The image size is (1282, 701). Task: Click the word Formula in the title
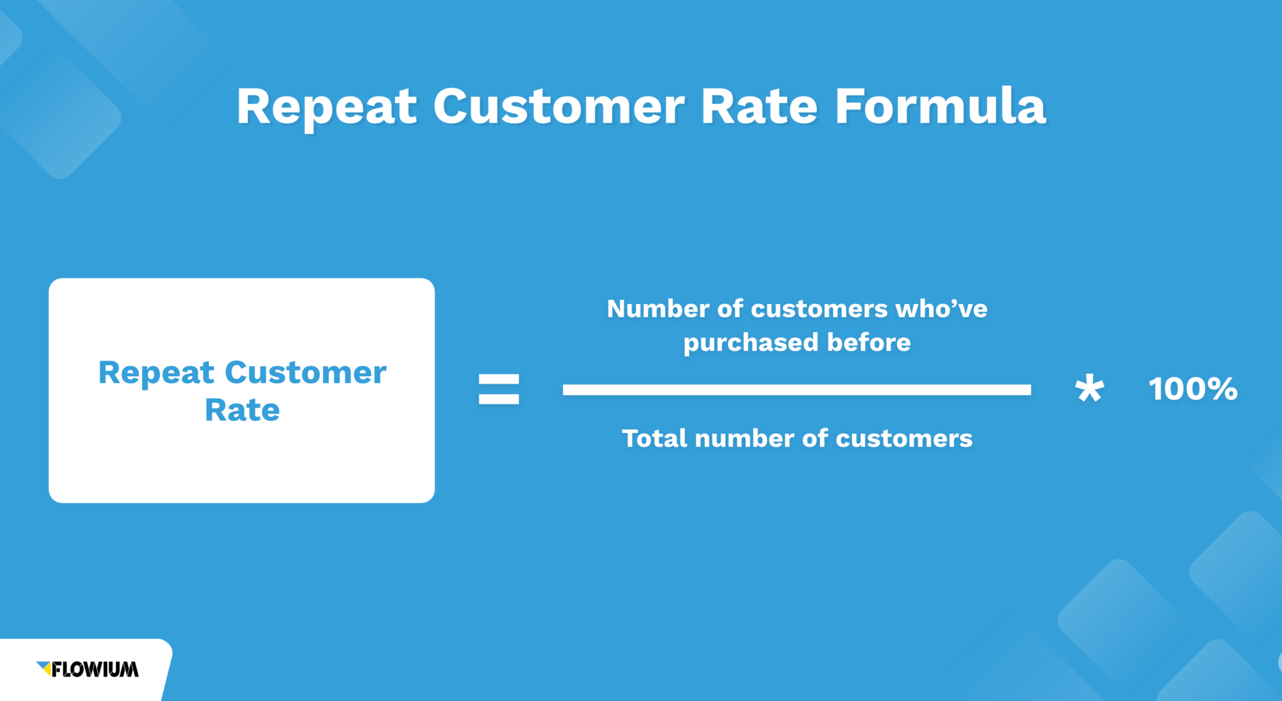(x=940, y=106)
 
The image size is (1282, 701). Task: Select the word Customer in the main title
(x=558, y=106)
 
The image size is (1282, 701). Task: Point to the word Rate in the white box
(x=242, y=410)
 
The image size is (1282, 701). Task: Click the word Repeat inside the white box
(x=156, y=373)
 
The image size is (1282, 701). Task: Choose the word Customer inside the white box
(x=305, y=373)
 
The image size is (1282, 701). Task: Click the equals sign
(x=499, y=389)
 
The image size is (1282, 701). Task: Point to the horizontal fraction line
(x=796, y=389)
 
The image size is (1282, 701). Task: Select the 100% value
(x=1193, y=389)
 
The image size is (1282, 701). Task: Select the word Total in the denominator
(x=654, y=438)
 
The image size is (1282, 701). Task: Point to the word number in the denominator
(x=745, y=438)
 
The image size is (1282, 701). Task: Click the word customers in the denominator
(x=904, y=438)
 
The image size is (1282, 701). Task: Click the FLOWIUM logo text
(x=95, y=670)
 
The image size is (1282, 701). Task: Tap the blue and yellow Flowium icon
(x=44, y=668)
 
